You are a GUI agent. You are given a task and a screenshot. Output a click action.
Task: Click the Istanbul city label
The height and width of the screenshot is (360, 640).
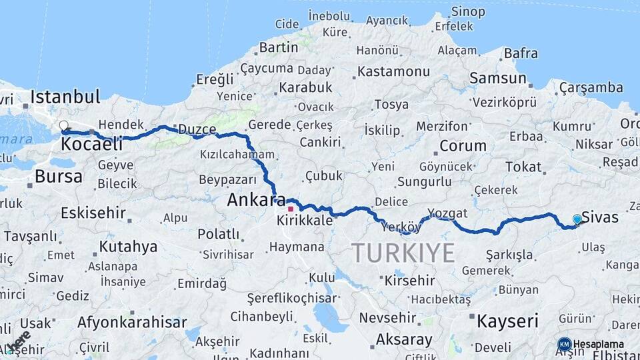pos(65,97)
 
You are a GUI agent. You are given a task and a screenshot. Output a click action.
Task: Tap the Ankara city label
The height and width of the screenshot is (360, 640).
pos(256,200)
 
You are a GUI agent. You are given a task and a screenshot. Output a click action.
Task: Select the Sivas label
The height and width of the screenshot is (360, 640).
pos(600,217)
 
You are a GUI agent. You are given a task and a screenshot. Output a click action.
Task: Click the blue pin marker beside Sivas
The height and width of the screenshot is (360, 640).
pos(577,219)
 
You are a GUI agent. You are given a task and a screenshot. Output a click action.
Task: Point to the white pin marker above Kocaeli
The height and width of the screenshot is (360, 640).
pos(64,125)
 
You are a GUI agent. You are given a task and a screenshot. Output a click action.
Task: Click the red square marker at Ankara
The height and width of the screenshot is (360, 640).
pos(290,209)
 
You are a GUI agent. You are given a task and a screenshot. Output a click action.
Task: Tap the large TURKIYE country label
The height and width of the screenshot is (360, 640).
pos(403,253)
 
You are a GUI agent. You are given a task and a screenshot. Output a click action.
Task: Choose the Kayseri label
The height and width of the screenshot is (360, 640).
pos(507,321)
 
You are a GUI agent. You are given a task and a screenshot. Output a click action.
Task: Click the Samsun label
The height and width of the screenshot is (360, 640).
pos(497,78)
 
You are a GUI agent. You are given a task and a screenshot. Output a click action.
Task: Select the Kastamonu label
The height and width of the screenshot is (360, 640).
pos(393,71)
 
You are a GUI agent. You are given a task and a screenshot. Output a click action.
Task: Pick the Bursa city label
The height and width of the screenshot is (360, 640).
pos(59,177)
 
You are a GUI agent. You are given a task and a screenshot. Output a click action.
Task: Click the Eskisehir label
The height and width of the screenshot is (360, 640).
pos(93,213)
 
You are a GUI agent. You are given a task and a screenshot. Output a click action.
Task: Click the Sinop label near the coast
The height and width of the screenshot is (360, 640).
pos(468,11)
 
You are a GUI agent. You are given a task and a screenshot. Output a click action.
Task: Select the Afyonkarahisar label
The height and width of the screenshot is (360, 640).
pos(132,323)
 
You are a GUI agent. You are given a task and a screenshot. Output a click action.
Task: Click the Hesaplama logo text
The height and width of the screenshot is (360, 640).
pos(599,344)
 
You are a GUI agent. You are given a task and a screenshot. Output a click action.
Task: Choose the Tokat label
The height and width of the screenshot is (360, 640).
pos(523,167)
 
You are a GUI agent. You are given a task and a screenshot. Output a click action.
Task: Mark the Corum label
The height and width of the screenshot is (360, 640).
pos(463,146)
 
